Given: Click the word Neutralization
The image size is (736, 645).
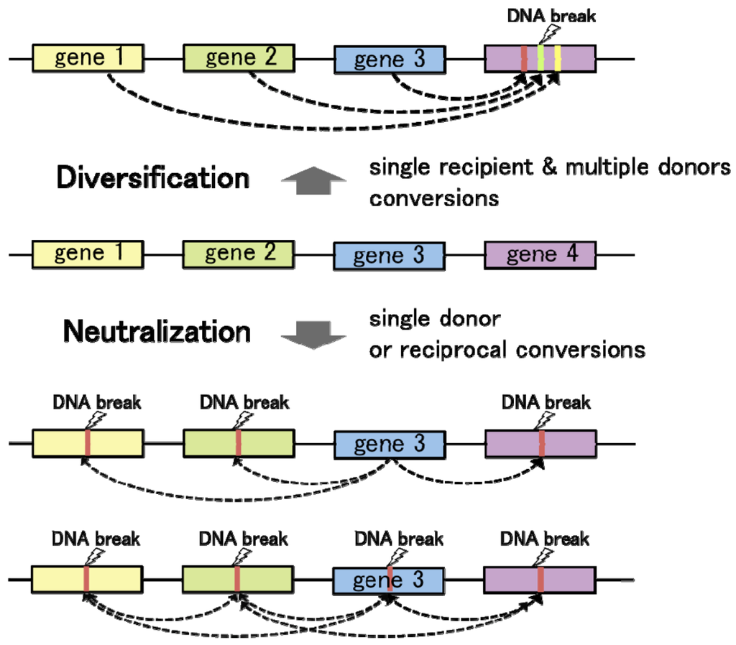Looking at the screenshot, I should (157, 332).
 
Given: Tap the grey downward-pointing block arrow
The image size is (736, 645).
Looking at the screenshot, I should (305, 333).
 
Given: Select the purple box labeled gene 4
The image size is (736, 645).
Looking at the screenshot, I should (540, 255).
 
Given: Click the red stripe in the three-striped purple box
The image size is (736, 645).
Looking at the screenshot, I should (524, 58).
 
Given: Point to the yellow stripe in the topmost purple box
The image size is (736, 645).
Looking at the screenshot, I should (558, 58).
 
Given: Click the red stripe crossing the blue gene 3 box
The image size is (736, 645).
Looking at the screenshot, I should (389, 578).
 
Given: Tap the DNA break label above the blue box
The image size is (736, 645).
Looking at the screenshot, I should (399, 538).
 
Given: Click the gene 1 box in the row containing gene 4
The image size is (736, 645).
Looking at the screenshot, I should (87, 254).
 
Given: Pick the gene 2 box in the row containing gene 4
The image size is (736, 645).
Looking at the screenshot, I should (238, 254).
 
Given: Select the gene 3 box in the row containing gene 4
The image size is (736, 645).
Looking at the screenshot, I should (389, 256).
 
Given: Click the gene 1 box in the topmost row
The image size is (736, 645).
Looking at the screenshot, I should (87, 57).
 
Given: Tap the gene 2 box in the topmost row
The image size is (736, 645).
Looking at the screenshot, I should (238, 57).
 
